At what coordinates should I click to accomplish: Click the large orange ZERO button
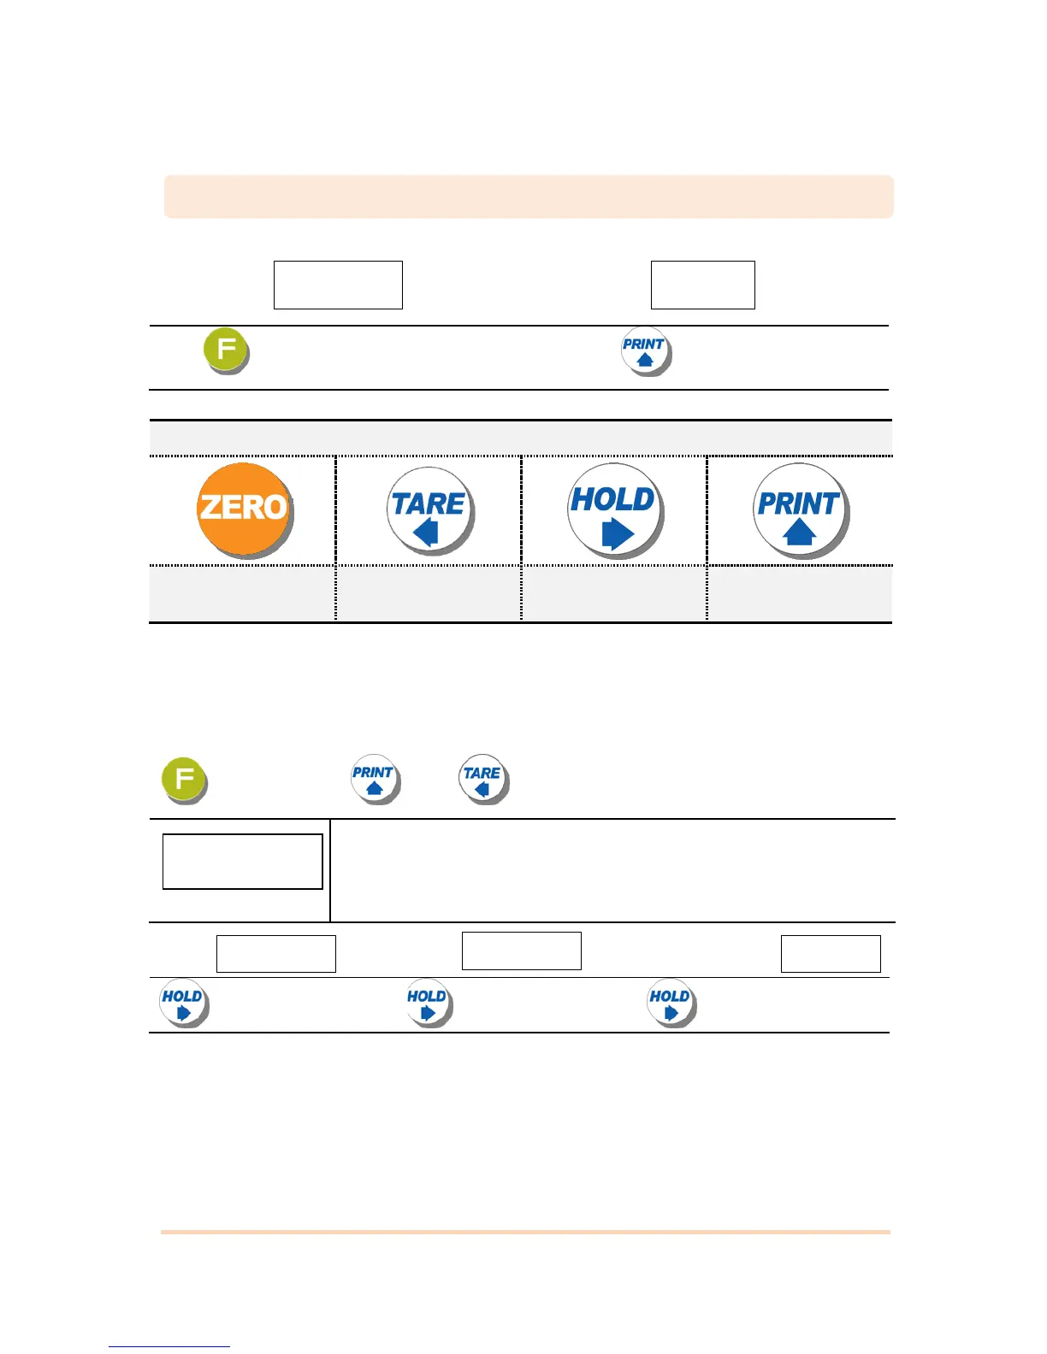pos(244,509)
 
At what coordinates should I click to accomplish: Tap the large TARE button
pos(429,510)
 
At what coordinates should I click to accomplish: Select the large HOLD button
pos(614,510)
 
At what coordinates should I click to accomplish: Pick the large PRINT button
pos(799,510)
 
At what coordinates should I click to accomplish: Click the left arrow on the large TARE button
pos(426,533)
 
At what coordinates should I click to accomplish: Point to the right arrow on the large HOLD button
pos(618,533)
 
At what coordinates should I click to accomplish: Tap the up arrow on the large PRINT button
pos(799,533)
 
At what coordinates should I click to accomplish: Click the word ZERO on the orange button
pos(243,507)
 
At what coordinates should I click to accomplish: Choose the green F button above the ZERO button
pos(225,350)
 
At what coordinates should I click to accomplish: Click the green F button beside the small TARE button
pos(183,779)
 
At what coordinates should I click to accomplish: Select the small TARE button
pos(482,778)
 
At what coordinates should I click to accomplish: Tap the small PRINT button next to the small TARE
pos(374,778)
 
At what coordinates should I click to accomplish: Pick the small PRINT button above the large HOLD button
pos(645,350)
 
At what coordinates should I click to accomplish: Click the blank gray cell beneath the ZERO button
pos(242,594)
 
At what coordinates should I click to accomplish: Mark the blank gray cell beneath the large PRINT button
pos(799,594)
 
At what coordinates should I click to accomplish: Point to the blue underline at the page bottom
pos(169,1346)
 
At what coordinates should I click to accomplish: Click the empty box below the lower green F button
pos(242,862)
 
